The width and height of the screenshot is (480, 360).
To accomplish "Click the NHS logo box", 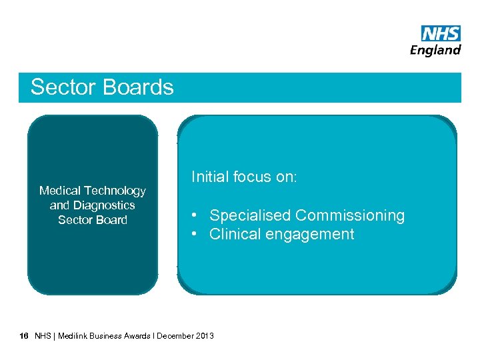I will [441, 34].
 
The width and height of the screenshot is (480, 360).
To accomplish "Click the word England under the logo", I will [435, 50].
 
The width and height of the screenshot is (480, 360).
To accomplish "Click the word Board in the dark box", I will [111, 220].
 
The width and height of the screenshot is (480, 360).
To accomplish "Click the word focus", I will [253, 177].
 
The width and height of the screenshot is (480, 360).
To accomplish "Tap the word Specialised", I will [250, 215].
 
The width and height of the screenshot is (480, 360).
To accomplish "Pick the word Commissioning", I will [350, 215].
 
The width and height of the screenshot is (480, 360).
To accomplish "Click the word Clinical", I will [234, 234].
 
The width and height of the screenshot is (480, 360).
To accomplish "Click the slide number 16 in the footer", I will [24, 335].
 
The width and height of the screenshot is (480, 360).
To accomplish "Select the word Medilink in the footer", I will [74, 335].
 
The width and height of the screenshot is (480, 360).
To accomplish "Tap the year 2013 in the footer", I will [205, 335].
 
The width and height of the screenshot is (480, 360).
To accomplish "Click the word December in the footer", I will [175, 335].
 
